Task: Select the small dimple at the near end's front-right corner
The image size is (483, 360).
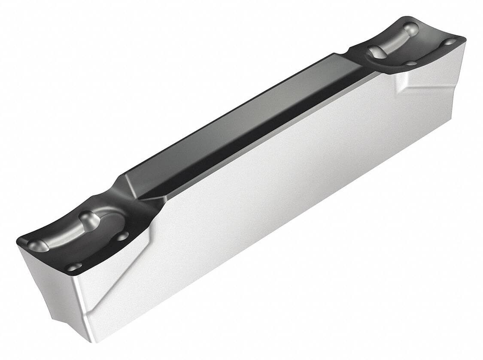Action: tap(74, 266)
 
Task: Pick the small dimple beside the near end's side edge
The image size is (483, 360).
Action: tap(122, 235)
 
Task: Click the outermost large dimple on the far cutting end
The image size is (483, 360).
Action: tap(411, 28)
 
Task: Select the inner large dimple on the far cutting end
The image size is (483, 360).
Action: tap(378, 51)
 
